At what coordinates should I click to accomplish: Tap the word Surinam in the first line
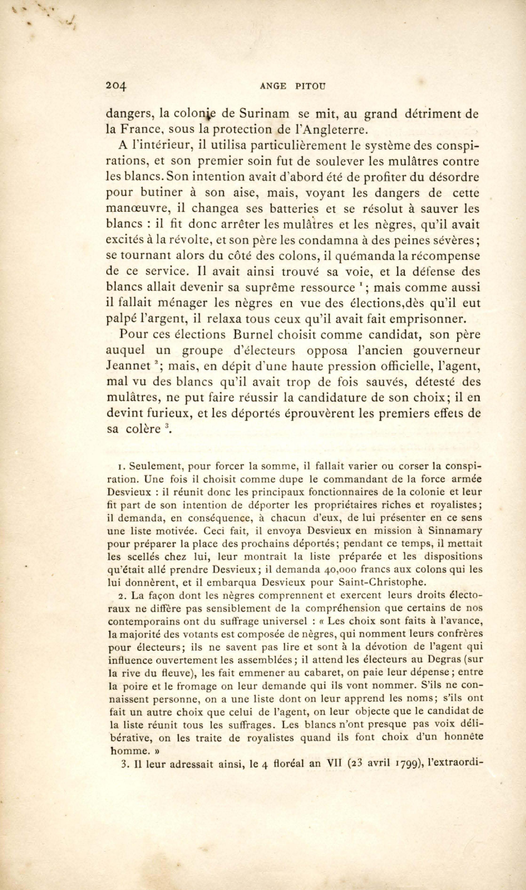click(263, 115)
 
